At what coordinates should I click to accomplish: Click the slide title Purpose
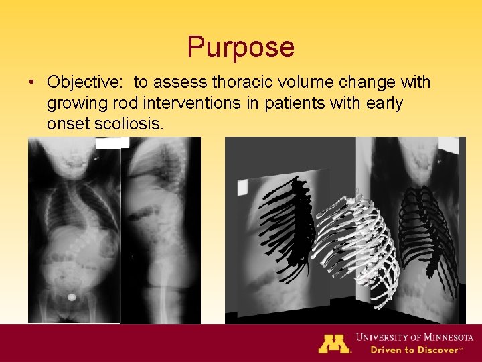pos(240,47)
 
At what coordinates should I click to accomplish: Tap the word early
pos(380,103)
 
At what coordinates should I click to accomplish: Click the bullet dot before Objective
pos(32,83)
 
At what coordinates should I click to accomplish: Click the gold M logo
pos(334,343)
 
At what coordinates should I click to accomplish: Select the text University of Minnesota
pos(414,337)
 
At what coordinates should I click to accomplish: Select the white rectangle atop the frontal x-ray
pos(112,143)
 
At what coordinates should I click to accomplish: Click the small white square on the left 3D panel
pos(242,186)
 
